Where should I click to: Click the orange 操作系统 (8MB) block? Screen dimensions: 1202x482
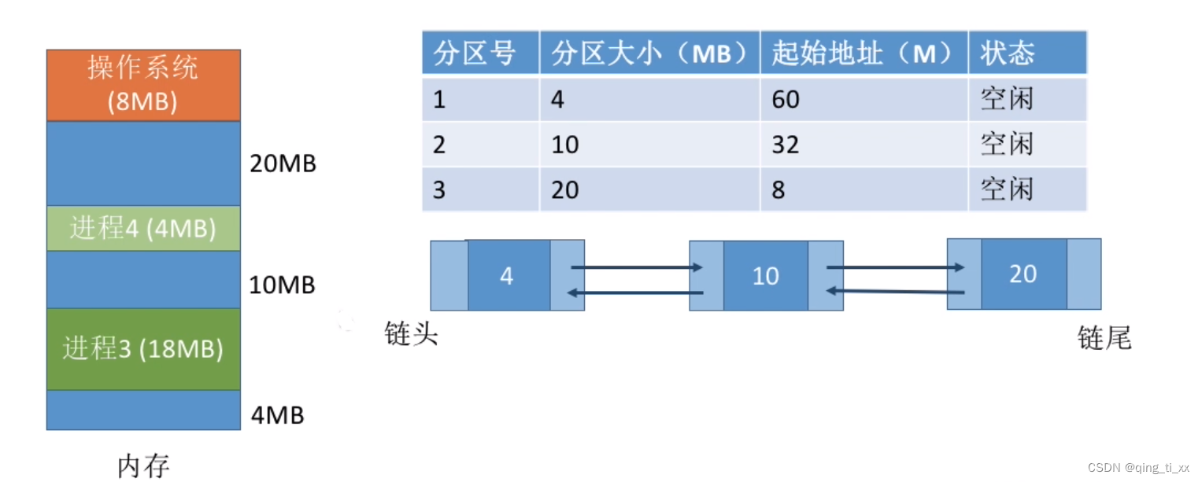143,85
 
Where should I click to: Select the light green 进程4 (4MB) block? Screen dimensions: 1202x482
143,229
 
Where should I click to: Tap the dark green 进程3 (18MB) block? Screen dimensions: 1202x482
143,349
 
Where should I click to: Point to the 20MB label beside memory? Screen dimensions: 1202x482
283,164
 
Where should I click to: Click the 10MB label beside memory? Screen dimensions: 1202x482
282,285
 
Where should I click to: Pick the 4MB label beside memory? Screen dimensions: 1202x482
277,414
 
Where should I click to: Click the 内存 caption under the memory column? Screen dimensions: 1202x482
143,465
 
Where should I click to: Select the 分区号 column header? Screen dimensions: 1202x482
475,53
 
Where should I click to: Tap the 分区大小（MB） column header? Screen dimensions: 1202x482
649,53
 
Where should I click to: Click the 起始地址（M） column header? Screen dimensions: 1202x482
864,53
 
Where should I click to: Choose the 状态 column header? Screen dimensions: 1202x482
1006,53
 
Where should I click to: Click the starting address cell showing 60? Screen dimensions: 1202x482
786,99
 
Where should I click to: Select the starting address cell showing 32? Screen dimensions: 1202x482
786,145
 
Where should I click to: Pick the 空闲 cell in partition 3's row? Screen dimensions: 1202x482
1006,189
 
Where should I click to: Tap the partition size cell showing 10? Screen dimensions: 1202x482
565,145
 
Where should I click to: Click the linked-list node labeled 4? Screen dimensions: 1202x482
507,276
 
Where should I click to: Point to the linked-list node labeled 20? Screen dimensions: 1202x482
1023,274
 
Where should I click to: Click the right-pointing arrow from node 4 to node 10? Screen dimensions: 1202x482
636,267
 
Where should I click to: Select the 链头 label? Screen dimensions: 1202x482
411,334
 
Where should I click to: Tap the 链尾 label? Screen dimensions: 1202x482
1104,338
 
